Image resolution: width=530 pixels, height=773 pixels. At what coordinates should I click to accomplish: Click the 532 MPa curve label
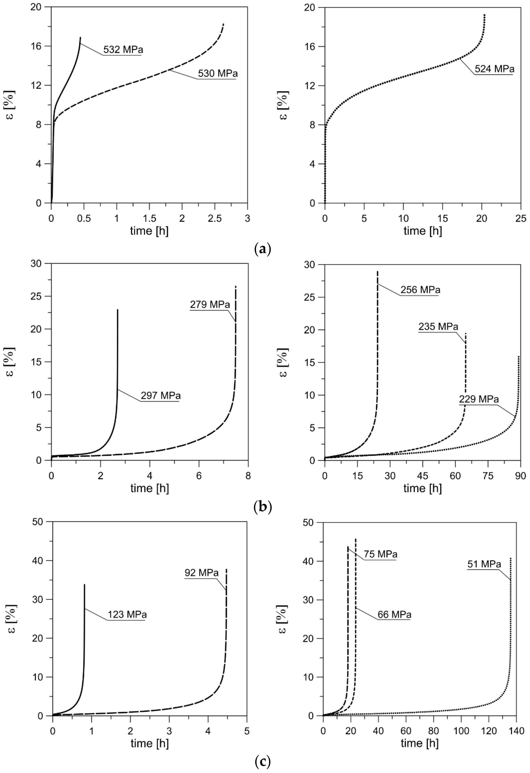[123, 50]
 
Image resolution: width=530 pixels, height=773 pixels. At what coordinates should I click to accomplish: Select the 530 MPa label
[218, 74]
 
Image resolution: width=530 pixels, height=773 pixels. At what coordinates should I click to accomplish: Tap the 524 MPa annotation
[494, 69]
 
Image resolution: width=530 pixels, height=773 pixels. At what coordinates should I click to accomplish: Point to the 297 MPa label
[161, 396]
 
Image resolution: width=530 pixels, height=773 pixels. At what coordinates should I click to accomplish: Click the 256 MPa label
[420, 290]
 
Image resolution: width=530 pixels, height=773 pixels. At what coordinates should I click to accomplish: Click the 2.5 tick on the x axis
[215, 218]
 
